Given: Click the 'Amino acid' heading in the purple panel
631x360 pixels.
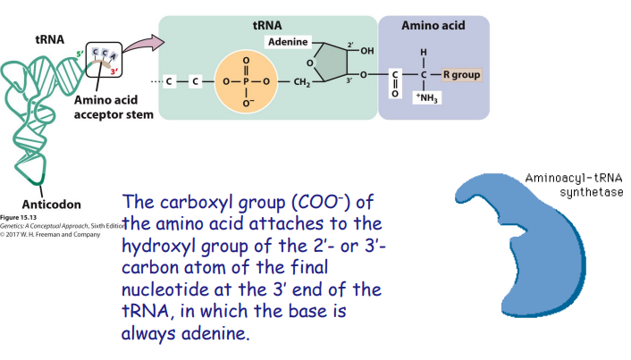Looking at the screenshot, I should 433,28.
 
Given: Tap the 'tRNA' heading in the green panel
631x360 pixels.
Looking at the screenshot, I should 267,28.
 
